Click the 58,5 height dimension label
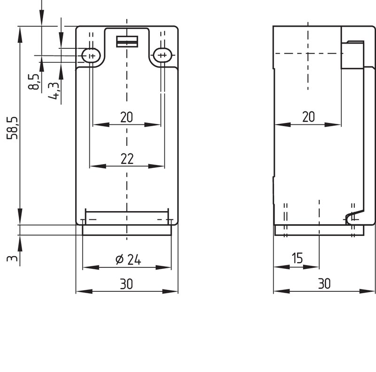tap(12, 128)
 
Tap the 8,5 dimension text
tap(33, 82)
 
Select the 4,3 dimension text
tap(53, 91)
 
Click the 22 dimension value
tap(127, 159)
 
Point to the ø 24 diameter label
tap(128, 259)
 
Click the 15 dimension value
tap(297, 258)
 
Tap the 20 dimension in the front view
tap(126, 117)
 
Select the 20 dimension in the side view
tap(308, 117)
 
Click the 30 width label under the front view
tap(126, 284)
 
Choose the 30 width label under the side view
tap(324, 284)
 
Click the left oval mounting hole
tap(91, 55)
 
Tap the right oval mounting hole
tap(163, 55)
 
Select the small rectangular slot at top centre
tap(127, 41)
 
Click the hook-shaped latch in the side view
tap(355, 217)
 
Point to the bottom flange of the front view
tap(127, 230)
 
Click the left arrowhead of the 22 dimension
tap(98, 166)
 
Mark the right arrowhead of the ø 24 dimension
tap(163, 267)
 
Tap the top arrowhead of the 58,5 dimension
tap(20, 35)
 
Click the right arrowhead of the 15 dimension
tap(311, 266)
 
